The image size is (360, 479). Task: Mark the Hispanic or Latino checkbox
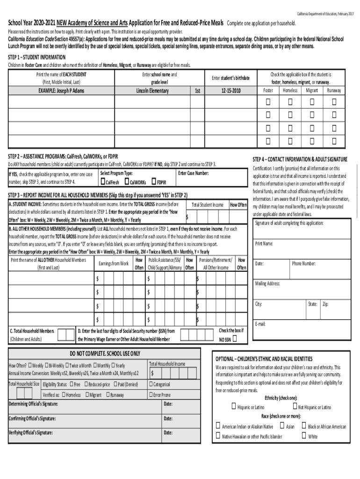(x=233, y=406)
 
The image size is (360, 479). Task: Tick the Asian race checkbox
(x=282, y=426)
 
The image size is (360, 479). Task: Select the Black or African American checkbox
(x=304, y=426)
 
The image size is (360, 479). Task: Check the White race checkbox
(x=304, y=435)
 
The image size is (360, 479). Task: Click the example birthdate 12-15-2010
(x=231, y=91)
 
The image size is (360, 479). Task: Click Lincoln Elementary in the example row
(x=152, y=91)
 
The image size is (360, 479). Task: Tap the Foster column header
(x=268, y=90)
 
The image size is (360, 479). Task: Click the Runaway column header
(x=334, y=90)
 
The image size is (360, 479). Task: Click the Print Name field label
(x=264, y=244)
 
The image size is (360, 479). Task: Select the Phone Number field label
(x=304, y=263)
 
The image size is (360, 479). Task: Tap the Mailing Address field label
(x=267, y=283)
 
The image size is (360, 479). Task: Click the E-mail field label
(x=260, y=324)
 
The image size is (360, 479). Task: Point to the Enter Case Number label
(x=194, y=173)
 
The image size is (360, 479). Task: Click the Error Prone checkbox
(x=151, y=395)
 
